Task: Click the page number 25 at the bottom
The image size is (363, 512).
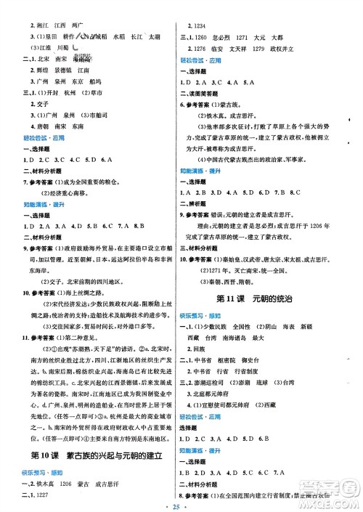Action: [181, 503]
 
